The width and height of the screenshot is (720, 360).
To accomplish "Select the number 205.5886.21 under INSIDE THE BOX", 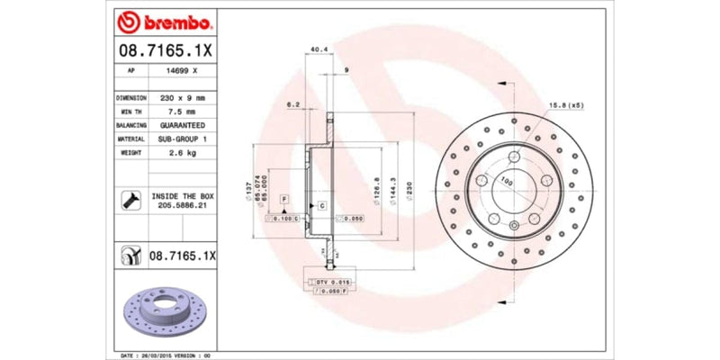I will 183,206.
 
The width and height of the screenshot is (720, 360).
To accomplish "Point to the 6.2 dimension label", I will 292,105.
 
